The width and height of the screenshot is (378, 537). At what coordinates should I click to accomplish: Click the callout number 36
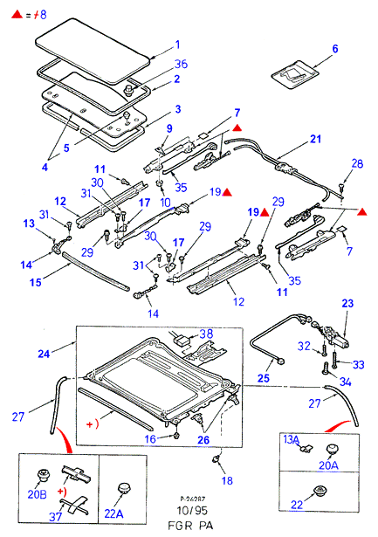click(x=181, y=64)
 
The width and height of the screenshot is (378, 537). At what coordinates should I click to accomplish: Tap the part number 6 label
click(x=335, y=49)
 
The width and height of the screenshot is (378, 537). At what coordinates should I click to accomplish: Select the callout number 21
click(x=315, y=139)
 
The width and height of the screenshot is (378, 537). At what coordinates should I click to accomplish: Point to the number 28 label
click(x=357, y=163)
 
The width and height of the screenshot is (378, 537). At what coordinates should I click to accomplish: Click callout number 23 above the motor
click(x=347, y=304)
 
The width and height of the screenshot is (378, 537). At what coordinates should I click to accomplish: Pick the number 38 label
click(x=206, y=334)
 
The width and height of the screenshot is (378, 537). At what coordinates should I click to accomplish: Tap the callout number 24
click(x=44, y=354)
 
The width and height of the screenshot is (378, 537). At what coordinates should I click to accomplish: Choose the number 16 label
click(x=150, y=439)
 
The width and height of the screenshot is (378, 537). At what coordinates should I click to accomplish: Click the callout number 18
click(x=227, y=480)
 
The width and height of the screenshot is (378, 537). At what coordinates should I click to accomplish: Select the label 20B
click(x=37, y=494)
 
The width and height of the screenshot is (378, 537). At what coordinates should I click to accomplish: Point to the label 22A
click(x=114, y=513)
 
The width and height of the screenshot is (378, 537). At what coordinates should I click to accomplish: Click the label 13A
click(x=292, y=439)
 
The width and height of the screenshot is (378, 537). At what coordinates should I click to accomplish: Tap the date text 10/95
click(x=192, y=511)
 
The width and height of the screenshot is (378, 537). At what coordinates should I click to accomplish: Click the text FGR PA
click(x=190, y=526)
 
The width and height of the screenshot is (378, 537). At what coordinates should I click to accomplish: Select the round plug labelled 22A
click(x=124, y=488)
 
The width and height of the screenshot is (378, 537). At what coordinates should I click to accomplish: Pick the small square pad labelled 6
click(x=295, y=75)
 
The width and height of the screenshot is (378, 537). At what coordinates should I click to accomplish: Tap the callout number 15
click(x=36, y=283)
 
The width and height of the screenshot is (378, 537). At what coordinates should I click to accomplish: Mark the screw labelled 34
click(x=325, y=368)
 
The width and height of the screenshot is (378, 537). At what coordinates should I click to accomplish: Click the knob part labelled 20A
click(x=331, y=449)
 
